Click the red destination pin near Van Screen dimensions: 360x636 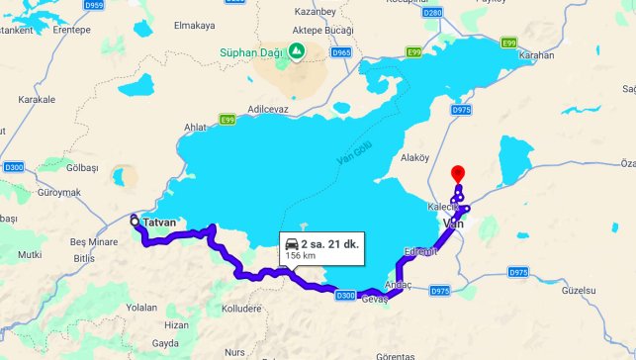tap(457, 172)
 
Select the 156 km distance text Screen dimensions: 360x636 tap(301, 255)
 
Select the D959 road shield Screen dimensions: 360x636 tap(95, 5)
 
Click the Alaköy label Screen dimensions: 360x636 tap(414, 157)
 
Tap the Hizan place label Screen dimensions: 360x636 tap(176, 324)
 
